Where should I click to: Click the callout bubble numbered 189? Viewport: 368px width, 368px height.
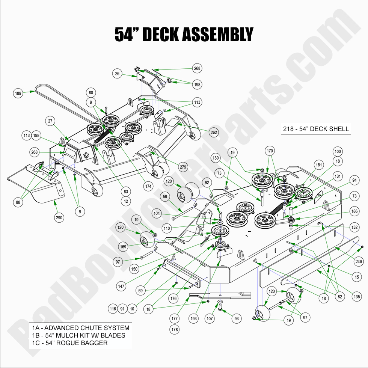click(18, 93)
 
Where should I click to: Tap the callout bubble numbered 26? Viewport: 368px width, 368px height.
click(118, 74)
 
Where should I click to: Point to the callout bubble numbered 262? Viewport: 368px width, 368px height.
click(214, 132)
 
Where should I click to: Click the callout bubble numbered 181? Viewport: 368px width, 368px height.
click(319, 165)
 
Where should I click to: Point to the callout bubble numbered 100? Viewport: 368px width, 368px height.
click(338, 151)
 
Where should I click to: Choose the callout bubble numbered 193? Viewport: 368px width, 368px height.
click(193, 318)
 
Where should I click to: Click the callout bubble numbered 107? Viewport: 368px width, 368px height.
click(210, 318)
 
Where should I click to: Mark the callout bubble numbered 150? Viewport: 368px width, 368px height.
click(134, 269)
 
